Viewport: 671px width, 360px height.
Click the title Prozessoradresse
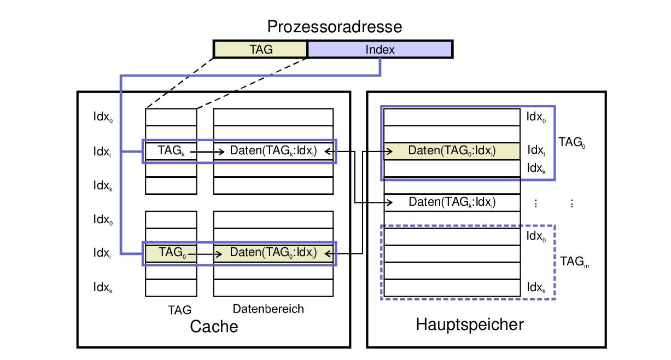pyautogui.click(x=334, y=27)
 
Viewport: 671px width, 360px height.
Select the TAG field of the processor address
pyautogui.click(x=261, y=49)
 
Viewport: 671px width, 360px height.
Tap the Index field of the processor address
pyautogui.click(x=380, y=49)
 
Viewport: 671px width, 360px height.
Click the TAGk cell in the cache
pyautogui.click(x=170, y=151)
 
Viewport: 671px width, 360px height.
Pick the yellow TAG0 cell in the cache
pyautogui.click(x=171, y=253)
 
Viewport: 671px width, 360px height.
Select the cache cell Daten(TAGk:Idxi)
pyautogui.click(x=273, y=151)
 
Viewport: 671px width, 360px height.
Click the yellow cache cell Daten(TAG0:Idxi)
pyautogui.click(x=273, y=253)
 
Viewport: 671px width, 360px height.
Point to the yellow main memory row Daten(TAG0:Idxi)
pyautogui.click(x=452, y=151)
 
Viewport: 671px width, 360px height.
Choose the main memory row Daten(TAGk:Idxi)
pyautogui.click(x=452, y=202)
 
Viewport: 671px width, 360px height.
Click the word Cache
pyautogui.click(x=214, y=327)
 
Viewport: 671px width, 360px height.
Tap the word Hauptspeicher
pyautogui.click(x=470, y=324)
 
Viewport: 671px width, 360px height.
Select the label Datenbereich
pyautogui.click(x=268, y=309)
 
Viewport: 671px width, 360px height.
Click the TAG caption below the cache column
pyautogui.click(x=179, y=310)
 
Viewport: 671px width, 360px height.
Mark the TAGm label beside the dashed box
pyautogui.click(x=574, y=262)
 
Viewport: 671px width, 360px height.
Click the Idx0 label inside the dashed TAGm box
pyautogui.click(x=536, y=236)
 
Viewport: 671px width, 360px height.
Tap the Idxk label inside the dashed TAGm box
pyautogui.click(x=536, y=287)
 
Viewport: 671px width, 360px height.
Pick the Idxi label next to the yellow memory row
pyautogui.click(x=536, y=150)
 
